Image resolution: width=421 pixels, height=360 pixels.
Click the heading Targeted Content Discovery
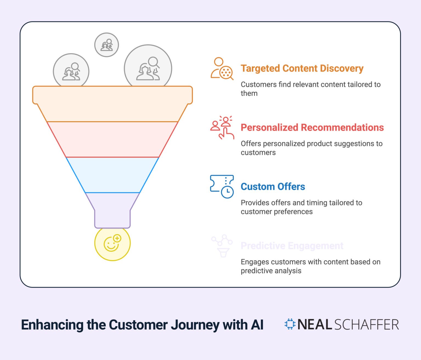click(x=302, y=68)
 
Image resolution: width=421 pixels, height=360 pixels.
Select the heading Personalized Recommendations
click(x=312, y=127)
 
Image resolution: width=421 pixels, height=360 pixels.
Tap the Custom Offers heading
click(x=273, y=187)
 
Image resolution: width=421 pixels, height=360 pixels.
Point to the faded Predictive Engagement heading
click(x=292, y=246)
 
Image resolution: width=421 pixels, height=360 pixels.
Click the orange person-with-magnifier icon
click(x=222, y=69)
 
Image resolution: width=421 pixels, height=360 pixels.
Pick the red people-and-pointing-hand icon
click(x=222, y=127)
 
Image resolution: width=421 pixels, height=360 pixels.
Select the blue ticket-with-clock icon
click(x=222, y=186)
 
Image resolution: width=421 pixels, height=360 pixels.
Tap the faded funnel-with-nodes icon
click(x=222, y=246)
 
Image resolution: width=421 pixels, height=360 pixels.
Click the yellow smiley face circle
click(x=112, y=243)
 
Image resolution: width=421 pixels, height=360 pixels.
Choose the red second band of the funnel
click(x=112, y=139)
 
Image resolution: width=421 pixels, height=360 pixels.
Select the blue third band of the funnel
click(x=112, y=175)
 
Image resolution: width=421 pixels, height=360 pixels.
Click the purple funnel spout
click(x=112, y=212)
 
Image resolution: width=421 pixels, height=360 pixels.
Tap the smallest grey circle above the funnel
click(x=107, y=45)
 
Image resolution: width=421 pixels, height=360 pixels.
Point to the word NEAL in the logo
click(x=315, y=325)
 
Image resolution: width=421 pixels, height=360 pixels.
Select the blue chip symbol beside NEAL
click(x=290, y=324)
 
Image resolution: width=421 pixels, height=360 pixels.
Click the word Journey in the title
click(x=195, y=325)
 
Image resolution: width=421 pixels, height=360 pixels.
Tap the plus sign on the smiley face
click(x=117, y=239)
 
